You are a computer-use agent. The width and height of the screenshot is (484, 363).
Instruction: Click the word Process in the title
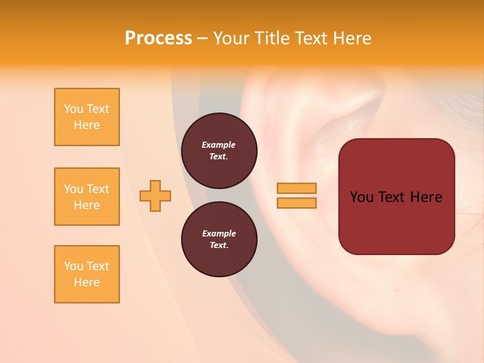coord(158,38)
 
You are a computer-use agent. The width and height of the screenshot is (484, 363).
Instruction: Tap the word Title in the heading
coord(270,38)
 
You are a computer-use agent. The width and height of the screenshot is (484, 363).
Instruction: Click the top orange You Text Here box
coord(87,117)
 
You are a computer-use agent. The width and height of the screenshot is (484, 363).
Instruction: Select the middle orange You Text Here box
coord(87,197)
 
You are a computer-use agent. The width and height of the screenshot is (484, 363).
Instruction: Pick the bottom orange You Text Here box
coord(87,274)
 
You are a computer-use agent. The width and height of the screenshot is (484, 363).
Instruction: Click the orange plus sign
coord(155,196)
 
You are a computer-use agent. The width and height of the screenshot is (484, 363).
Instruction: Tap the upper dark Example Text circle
coord(219,151)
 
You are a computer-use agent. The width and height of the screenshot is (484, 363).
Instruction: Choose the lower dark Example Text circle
coord(219,239)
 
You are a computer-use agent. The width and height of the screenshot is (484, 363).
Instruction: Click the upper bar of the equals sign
coord(296,188)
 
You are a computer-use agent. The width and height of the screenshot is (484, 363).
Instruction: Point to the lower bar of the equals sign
coord(296,203)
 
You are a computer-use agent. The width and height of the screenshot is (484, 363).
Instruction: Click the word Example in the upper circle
coord(219,145)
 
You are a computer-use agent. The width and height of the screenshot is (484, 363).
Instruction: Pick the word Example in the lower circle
coord(219,233)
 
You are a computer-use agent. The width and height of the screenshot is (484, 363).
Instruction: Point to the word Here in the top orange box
coord(87,125)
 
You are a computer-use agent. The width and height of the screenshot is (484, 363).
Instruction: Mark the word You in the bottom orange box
coord(74,266)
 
